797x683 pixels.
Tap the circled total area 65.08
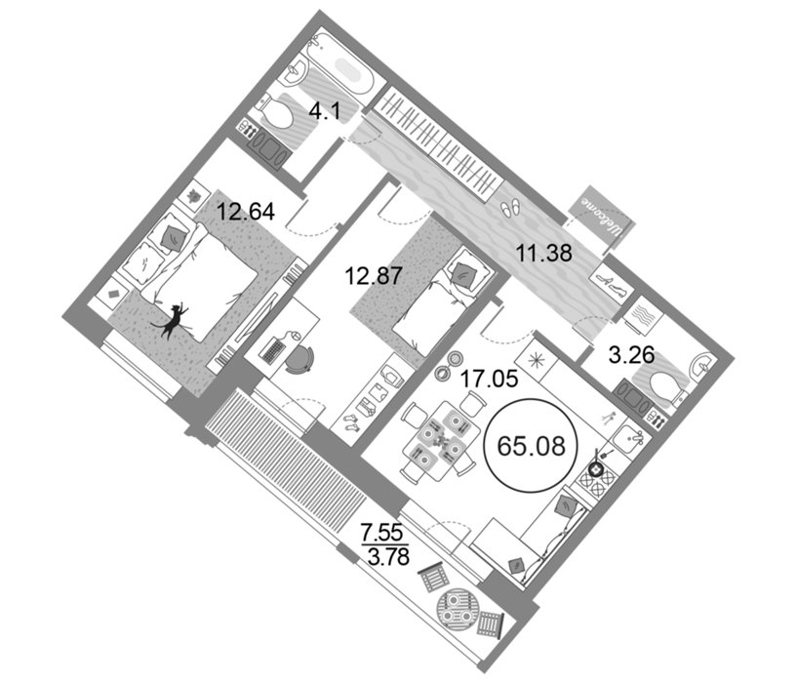[531, 446]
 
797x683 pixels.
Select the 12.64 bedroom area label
[246, 211]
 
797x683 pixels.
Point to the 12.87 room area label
[374, 276]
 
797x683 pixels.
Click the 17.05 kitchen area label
[489, 378]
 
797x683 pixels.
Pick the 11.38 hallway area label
[544, 252]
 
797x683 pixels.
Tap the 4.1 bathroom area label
[324, 111]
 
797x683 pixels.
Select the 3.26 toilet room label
[631, 355]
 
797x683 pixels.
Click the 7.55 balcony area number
[381, 534]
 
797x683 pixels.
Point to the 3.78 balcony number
[388, 557]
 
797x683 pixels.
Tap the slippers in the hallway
[510, 207]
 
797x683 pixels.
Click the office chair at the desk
[299, 358]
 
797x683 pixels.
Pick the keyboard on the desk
[273, 350]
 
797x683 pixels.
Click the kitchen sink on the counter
[630, 438]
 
